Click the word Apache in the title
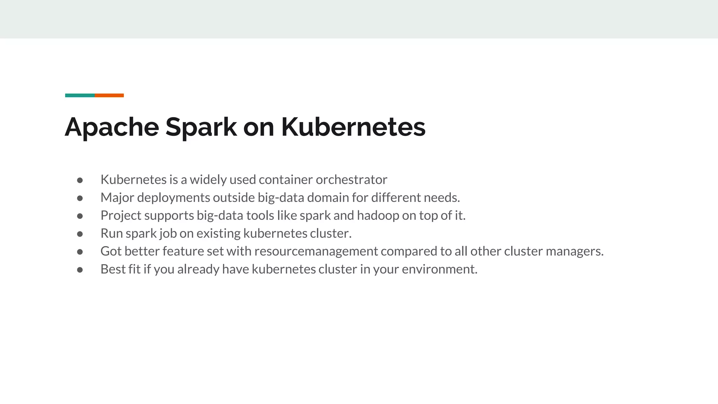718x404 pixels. (x=112, y=127)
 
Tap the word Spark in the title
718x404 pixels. (x=201, y=127)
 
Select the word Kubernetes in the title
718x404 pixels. (x=353, y=127)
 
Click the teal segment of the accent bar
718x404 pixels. (x=80, y=95)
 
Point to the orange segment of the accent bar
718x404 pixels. (x=109, y=95)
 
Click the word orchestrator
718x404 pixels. (x=351, y=180)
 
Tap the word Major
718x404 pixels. (x=117, y=198)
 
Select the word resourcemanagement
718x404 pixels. (x=316, y=251)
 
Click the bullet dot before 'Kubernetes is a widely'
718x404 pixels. (x=80, y=180)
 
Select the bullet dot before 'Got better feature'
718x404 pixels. (x=80, y=252)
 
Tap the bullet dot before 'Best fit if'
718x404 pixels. (x=80, y=270)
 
